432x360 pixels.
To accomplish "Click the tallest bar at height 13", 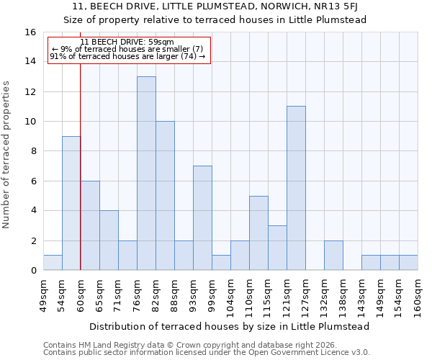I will pos(146,174).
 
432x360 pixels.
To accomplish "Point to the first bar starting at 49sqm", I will pos(53,263).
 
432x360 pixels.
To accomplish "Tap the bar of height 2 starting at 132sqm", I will pos(333,256).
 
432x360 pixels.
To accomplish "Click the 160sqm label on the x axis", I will pos(418,296).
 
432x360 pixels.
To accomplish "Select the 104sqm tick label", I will pos(231,296).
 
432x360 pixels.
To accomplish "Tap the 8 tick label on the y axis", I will pos(33,151).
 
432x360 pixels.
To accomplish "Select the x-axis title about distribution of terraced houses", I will pos(230,326).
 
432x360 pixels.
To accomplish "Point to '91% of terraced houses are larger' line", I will pos(127,57).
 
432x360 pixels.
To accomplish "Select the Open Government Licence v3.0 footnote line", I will pos(206,353).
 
